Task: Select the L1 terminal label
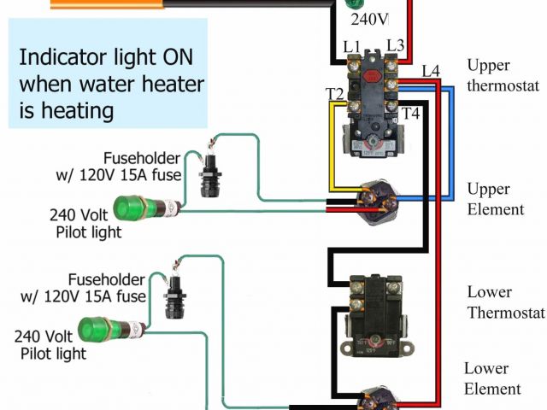(353, 44)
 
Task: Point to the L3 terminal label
(394, 44)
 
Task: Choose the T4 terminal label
(410, 112)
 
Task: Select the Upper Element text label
(495, 198)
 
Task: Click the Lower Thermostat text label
(504, 301)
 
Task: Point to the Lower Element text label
(492, 378)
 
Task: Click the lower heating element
(376, 399)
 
